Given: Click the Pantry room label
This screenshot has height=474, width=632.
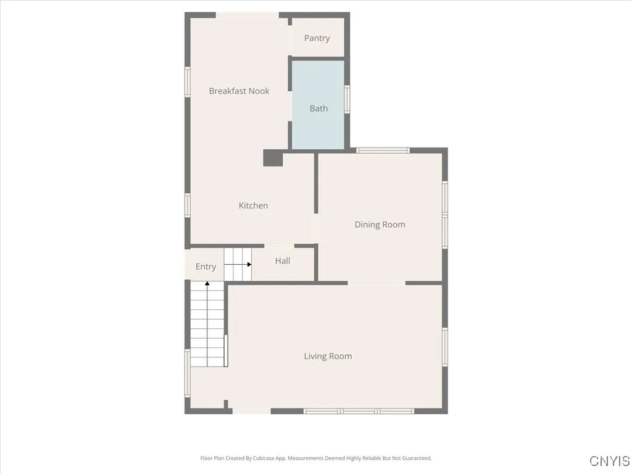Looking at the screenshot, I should point(317,38).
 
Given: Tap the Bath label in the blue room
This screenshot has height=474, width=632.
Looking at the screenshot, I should point(318,109).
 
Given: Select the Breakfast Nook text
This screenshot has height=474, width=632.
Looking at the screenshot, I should point(239,91).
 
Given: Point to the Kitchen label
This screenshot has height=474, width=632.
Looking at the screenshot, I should point(253,206).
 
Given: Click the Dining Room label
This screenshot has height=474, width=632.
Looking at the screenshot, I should point(380,225).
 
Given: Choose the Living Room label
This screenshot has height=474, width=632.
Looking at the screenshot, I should point(328,356).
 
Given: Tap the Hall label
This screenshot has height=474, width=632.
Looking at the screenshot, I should point(283,261).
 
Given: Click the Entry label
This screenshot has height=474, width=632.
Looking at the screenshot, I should point(206,267).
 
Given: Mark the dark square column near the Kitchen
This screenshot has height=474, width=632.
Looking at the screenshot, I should point(273,158).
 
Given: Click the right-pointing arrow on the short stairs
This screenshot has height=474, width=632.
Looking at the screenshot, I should point(249,264).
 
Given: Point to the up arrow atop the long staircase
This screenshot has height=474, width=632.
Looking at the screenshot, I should point(207,284).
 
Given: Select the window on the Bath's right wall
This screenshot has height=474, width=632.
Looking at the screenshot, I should point(347,99).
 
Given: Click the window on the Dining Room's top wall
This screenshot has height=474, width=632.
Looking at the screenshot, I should point(383,150).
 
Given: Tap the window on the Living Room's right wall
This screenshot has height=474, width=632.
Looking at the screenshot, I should point(445,347).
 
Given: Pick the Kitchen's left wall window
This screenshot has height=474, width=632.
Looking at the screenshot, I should point(188,205).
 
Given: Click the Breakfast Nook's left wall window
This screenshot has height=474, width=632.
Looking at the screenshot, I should point(188,81).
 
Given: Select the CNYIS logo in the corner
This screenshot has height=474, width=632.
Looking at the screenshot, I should point(609,461).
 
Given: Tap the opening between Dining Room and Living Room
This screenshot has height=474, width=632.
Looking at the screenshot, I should point(376,283).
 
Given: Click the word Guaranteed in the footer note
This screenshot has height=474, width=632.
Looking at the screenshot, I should point(417,459).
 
